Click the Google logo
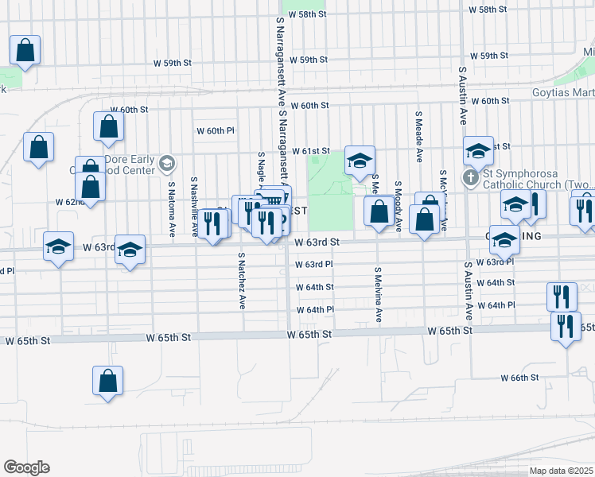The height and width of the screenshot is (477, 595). [x=26, y=467]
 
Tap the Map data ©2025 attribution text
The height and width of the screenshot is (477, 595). [x=558, y=471]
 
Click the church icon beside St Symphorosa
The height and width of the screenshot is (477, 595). [x=470, y=177]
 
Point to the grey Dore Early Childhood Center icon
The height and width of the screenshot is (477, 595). [x=166, y=164]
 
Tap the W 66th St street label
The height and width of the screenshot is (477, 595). [x=525, y=377]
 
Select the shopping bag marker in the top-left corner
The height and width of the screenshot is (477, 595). [x=25, y=50]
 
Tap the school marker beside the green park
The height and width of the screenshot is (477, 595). [x=360, y=161]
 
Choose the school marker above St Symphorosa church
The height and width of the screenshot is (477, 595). [x=479, y=151]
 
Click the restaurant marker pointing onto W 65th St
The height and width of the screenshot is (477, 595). [x=566, y=327]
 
